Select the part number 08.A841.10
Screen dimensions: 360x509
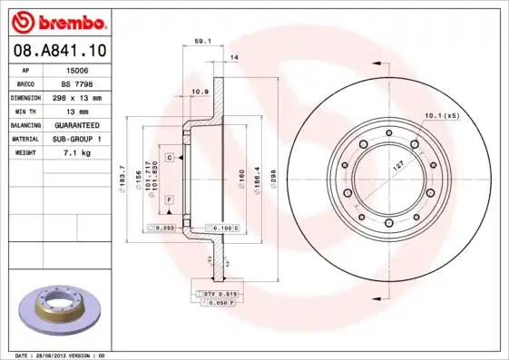tap(60, 51)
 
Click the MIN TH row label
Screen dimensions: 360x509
tap(24, 110)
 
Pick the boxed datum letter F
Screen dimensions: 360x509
tap(170, 198)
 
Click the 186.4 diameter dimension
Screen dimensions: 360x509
tap(256, 173)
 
